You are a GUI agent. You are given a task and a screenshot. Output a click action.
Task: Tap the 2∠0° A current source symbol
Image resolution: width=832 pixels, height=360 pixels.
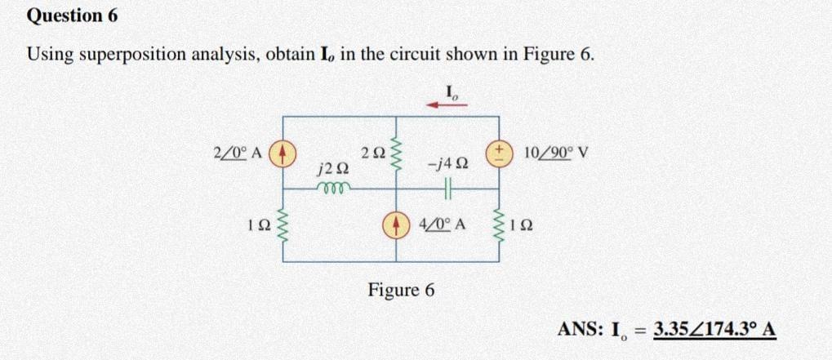tap(284, 153)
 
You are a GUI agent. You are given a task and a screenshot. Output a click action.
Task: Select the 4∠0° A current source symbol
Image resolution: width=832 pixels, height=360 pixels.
tap(397, 223)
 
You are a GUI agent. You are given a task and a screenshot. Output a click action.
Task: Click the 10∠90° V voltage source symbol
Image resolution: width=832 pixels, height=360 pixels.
tap(498, 153)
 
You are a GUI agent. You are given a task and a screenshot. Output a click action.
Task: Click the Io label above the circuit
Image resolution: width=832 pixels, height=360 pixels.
tap(452, 91)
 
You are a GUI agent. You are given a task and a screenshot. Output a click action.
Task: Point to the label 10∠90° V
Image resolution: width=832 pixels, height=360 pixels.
tap(558, 153)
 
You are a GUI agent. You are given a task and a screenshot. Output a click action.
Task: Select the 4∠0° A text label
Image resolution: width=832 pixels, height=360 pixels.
tap(441, 223)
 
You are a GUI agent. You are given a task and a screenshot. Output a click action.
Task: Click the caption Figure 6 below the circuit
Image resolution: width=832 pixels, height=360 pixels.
tap(402, 290)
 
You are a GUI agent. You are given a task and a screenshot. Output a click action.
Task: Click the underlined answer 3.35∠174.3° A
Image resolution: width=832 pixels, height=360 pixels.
tap(714, 331)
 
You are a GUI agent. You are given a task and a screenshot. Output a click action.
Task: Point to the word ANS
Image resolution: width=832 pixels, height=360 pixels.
tap(579, 331)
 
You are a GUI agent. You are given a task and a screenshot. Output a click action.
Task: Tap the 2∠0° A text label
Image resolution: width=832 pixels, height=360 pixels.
tap(237, 153)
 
